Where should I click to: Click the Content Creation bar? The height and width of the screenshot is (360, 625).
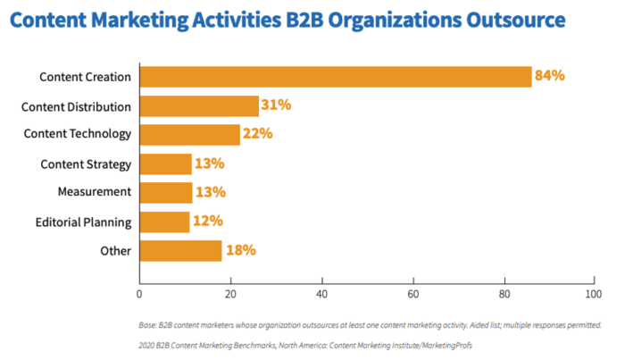coord(335,77)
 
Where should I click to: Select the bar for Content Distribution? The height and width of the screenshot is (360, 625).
coord(199,106)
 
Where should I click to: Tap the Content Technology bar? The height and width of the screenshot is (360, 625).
coord(189,134)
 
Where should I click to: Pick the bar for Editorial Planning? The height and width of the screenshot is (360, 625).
coord(164,222)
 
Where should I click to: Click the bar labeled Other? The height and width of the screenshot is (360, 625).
coord(180,250)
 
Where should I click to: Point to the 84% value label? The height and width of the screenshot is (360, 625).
coord(549,77)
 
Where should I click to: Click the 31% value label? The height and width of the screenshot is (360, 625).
coord(276,106)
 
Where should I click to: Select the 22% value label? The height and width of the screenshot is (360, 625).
coord(257,134)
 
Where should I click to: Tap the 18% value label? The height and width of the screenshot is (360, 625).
coord(239,250)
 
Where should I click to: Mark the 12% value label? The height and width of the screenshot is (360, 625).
coord(207,222)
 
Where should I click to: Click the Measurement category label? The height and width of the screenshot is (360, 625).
coord(94,192)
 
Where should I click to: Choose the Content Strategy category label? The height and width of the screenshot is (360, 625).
coord(86,163)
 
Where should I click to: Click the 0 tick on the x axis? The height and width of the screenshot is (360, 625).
coord(140,293)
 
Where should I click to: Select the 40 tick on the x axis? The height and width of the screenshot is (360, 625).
coord(321,293)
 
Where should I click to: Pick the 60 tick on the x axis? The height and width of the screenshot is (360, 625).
coord(412,293)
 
